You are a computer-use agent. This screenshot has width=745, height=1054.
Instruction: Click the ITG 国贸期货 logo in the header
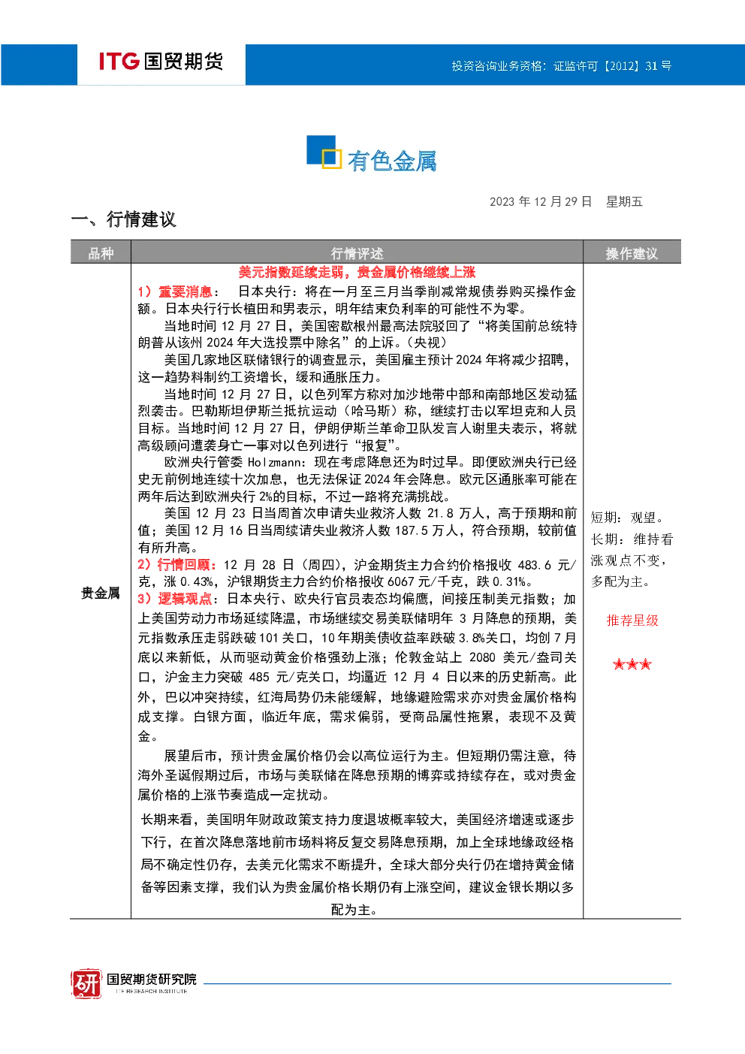pyautogui.click(x=161, y=62)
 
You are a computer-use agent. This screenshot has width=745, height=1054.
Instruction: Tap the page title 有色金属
pyautogui.click(x=392, y=161)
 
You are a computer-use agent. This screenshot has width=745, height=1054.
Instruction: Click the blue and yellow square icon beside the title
pyautogui.click(x=324, y=152)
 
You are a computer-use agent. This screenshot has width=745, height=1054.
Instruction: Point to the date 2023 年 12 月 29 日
pyautogui.click(x=541, y=202)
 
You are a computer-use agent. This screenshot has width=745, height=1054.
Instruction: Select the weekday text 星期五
pyautogui.click(x=624, y=202)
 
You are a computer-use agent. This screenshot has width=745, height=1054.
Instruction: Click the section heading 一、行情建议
pyautogui.click(x=123, y=219)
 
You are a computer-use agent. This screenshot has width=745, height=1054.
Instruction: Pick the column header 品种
pyautogui.click(x=101, y=254)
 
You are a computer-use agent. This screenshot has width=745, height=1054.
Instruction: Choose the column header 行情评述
pyautogui.click(x=357, y=254)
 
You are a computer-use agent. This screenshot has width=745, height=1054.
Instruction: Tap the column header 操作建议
pyautogui.click(x=632, y=254)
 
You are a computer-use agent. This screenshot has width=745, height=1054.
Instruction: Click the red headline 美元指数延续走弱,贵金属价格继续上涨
pyautogui.click(x=357, y=272)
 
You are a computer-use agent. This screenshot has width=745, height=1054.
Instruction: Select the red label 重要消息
pyautogui.click(x=185, y=291)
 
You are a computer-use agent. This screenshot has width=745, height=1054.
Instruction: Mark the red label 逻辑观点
pyautogui.click(x=185, y=599)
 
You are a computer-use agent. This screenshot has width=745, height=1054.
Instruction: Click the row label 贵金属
pyautogui.click(x=100, y=593)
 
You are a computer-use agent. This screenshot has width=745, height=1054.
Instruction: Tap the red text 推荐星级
pyautogui.click(x=632, y=621)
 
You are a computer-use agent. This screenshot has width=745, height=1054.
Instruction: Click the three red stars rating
pyautogui.click(x=632, y=664)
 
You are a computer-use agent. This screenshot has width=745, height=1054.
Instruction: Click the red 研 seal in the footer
pyautogui.click(x=86, y=983)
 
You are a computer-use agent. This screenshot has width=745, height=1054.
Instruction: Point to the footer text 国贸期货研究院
pyautogui.click(x=152, y=979)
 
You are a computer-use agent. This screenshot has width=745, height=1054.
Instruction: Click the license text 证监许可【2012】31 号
pyautogui.click(x=612, y=66)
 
